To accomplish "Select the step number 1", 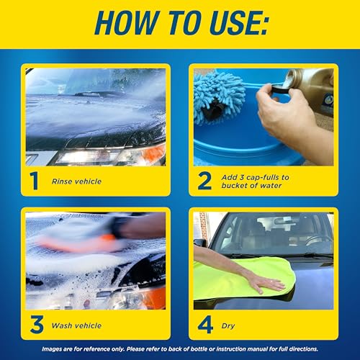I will click(x=33, y=181).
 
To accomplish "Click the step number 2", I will click(x=204, y=181).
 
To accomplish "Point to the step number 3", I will click(x=33, y=325).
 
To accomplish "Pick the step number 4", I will click(x=205, y=325).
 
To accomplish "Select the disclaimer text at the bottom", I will click(x=180, y=351).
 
